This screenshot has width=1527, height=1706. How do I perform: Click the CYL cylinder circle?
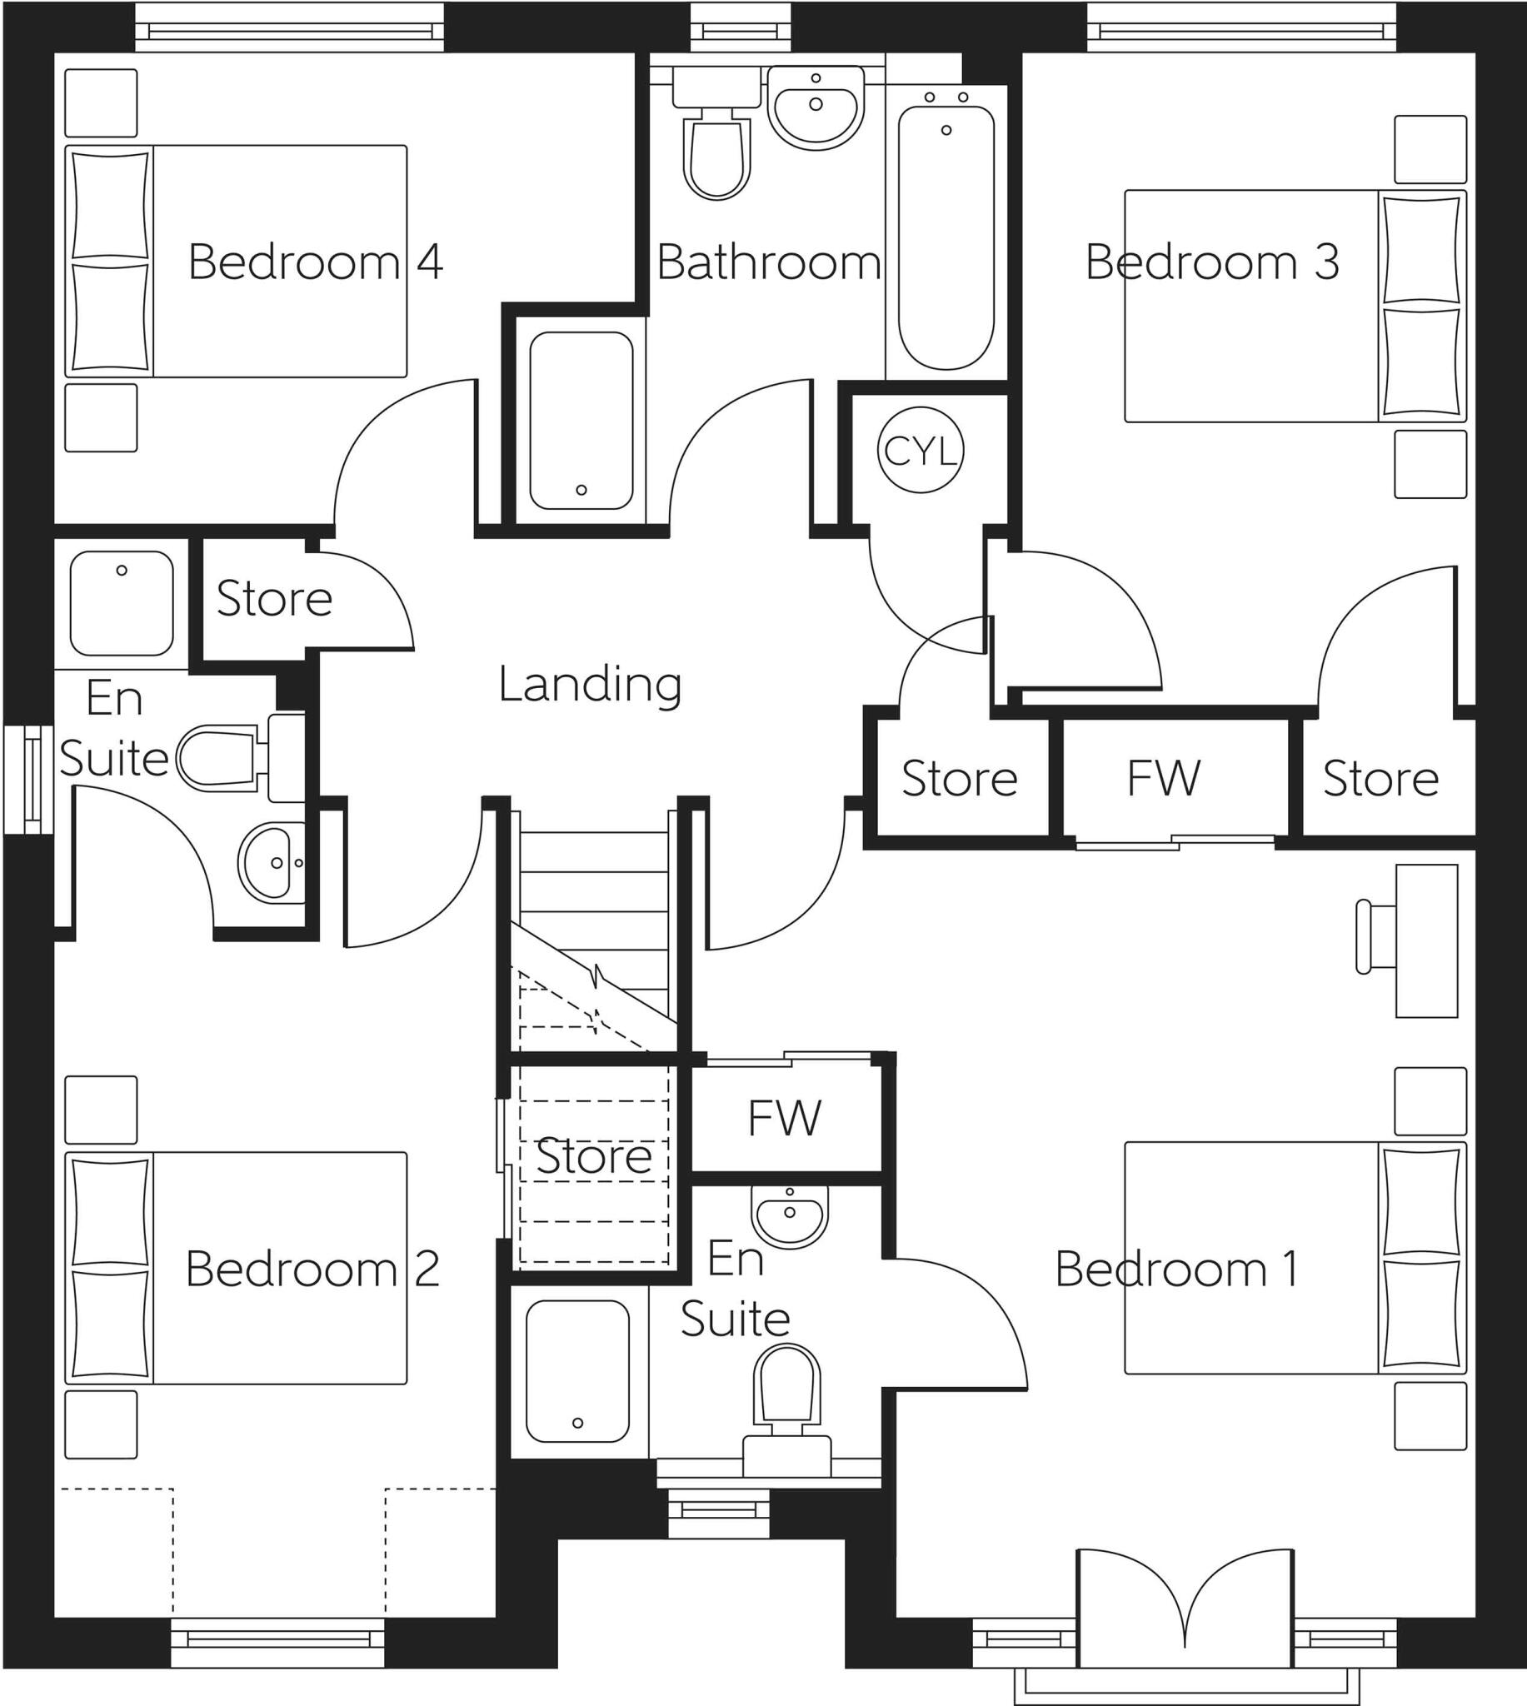coord(921,451)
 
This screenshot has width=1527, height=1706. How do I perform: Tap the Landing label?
coord(590,684)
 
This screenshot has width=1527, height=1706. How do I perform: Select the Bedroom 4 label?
coord(315,262)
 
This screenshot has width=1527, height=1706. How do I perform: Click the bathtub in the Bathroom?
coord(946,237)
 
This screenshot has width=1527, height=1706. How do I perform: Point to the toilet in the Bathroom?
coord(716,155)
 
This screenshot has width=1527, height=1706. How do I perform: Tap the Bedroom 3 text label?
coord(1211,262)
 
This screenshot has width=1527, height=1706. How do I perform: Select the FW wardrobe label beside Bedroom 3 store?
coord(1164,777)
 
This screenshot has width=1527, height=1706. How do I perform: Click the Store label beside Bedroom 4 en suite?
coord(274,598)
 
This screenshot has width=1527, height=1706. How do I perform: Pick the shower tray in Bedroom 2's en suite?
coord(122,603)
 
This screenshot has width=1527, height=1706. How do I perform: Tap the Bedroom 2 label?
coord(312,1268)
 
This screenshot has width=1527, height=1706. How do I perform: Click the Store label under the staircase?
coord(593,1155)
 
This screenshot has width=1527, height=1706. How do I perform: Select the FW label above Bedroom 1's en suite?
coord(785,1117)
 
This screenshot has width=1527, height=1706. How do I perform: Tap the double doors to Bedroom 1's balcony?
coord(1184,1610)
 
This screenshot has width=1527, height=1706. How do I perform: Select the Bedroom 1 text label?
coord(1177,1268)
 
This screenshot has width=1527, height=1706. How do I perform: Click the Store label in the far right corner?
coord(1381,777)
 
